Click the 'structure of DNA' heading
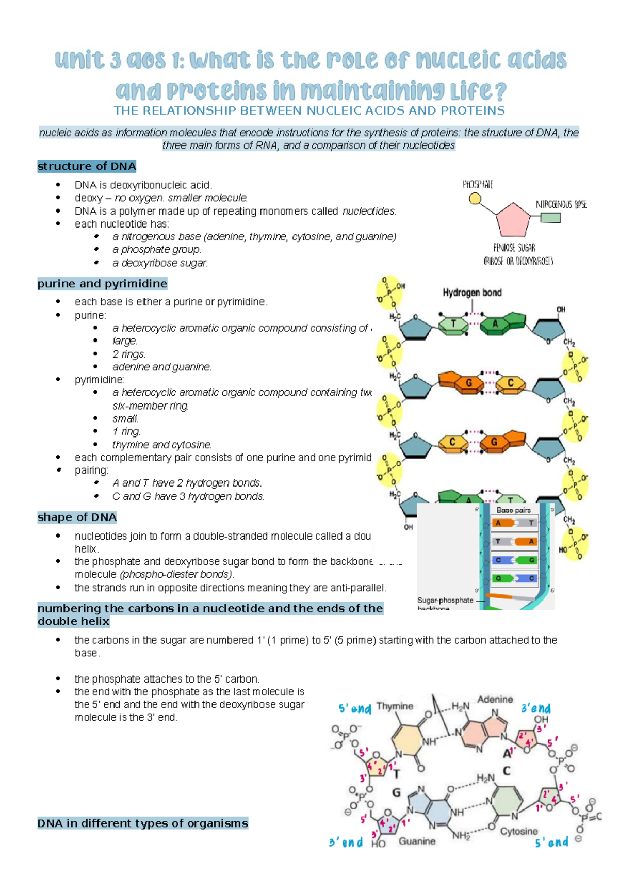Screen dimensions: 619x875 87,166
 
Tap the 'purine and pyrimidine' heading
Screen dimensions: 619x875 102,284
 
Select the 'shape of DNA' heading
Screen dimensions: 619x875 77,517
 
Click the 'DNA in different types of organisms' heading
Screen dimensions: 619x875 142,823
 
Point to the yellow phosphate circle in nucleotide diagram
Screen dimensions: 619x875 475,199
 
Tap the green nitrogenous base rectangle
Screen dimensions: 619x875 550,218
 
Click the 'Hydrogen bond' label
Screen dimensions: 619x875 472,293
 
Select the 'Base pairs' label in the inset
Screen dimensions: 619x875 513,510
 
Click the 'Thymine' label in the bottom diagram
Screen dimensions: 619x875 395,706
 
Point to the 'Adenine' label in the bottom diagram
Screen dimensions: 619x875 495,700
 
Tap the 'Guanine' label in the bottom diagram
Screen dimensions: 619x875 417,841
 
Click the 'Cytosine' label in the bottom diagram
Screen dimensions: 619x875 519,831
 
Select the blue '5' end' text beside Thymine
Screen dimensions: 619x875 355,709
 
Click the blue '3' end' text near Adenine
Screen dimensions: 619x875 535,708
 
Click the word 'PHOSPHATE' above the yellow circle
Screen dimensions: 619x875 477,184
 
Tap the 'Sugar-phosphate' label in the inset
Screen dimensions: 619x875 445,601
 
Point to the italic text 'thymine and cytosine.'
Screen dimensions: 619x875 162,445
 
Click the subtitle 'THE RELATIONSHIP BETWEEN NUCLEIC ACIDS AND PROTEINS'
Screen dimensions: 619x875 309,111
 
